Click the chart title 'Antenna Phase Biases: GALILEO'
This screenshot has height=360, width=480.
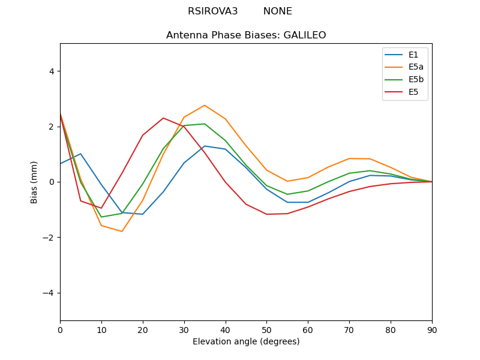[x=246, y=35]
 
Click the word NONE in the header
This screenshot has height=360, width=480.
[x=277, y=11]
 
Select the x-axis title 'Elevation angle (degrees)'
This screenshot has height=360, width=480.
[x=246, y=342]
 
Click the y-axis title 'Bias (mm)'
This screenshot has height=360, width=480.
[x=34, y=182]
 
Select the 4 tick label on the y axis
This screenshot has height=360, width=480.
[x=51, y=71]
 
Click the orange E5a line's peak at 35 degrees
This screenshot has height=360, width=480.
[x=205, y=105]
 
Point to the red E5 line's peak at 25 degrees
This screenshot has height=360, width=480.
[x=163, y=118]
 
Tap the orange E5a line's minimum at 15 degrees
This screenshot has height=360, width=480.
[x=122, y=232]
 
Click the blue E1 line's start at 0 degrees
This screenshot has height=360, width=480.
[x=60, y=164]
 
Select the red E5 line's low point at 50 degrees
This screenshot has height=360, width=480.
[x=266, y=214]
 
